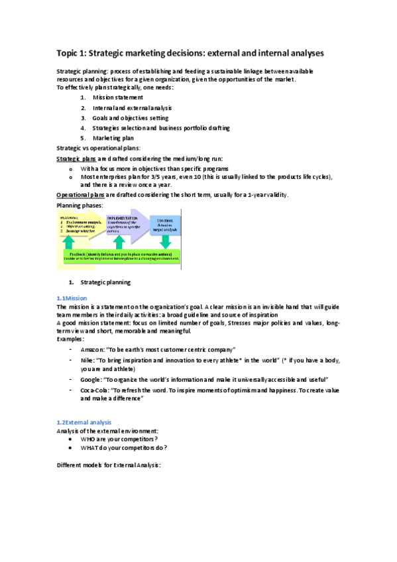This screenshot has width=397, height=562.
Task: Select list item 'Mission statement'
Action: [x=118, y=97]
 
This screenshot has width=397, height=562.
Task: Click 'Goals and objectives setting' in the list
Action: [x=131, y=118]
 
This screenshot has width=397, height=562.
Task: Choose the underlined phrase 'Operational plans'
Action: [x=80, y=195]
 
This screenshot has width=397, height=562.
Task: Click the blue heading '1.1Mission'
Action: [x=72, y=298]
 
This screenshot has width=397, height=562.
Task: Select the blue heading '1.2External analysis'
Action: [x=84, y=422]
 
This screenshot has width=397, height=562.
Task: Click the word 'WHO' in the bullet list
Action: [x=87, y=439]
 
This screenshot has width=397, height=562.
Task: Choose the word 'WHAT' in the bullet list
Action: [x=89, y=447]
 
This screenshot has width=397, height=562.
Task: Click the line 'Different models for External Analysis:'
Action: [x=109, y=465]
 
